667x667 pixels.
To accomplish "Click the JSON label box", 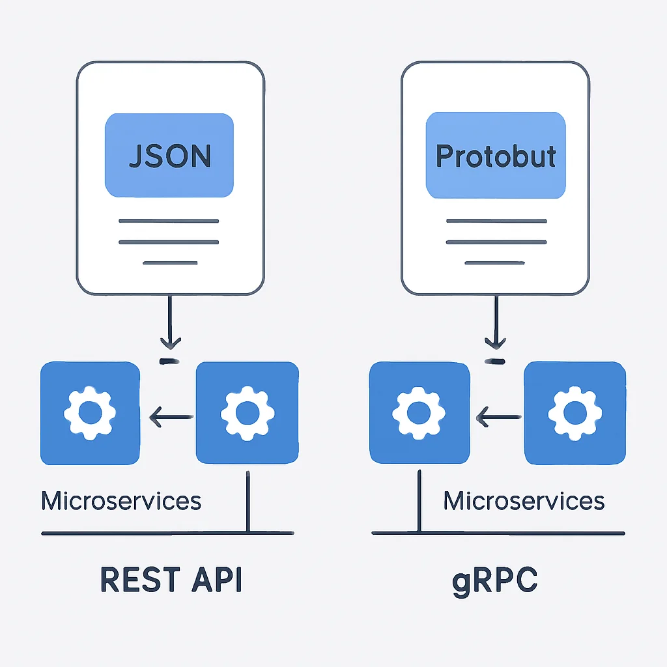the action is (x=169, y=155).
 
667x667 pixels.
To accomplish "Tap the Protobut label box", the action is (x=496, y=155).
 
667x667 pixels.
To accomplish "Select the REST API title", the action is (x=171, y=579).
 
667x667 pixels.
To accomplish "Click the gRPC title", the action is (x=495, y=581).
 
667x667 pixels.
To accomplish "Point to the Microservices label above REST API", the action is (x=121, y=501).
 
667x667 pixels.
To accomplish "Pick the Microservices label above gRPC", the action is (x=524, y=501).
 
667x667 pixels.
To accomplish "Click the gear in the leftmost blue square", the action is (x=90, y=413).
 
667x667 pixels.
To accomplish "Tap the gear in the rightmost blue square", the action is (x=575, y=413).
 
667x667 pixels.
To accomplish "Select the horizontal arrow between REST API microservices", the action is (x=171, y=417).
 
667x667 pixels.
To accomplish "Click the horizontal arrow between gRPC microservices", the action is (x=498, y=417).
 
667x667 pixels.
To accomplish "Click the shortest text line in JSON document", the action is (x=170, y=263).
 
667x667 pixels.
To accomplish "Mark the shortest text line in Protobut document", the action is (x=495, y=263).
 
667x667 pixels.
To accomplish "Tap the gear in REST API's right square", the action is (x=248, y=413).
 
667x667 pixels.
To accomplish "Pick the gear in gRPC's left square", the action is (x=419, y=413).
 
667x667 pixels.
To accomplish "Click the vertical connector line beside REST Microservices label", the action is (x=248, y=502).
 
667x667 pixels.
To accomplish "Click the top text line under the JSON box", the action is (x=169, y=221).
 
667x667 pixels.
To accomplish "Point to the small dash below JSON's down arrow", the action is (x=169, y=362).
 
